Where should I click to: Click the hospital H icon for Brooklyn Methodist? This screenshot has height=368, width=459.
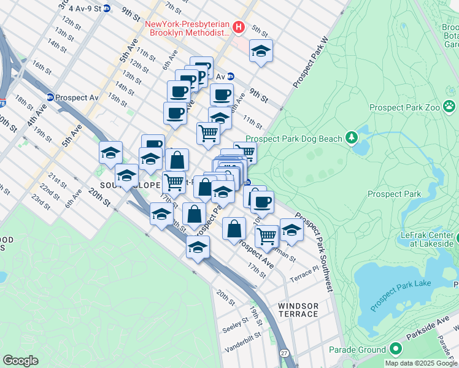(239, 27)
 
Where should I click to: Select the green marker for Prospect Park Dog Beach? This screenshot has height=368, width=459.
(352, 137)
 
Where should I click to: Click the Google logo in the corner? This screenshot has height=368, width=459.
(20, 361)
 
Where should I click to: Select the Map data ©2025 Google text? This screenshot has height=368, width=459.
(421, 363)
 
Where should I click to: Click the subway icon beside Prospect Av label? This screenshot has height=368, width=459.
(50, 97)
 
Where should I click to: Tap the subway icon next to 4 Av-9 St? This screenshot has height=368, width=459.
(107, 9)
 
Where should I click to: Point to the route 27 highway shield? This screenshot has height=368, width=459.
(284, 353)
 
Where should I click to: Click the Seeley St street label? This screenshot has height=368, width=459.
(234, 328)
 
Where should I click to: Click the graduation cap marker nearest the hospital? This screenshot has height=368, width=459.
(261, 52)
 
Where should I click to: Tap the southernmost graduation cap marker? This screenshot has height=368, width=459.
(198, 247)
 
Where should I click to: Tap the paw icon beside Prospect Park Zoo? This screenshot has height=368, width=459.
(450, 107)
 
